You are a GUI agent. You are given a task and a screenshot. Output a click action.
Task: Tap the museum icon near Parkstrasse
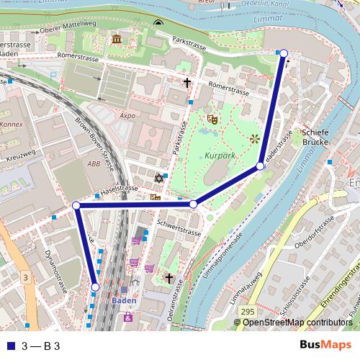(x=117, y=38)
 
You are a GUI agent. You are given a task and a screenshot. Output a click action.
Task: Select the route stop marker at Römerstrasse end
(x=284, y=53)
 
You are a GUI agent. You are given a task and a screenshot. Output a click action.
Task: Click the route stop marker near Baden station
(x=95, y=287)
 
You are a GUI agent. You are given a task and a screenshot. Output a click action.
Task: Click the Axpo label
(x=127, y=114)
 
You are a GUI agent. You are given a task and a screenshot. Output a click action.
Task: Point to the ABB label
(x=94, y=163)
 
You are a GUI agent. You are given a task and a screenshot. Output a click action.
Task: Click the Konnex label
(x=12, y=124)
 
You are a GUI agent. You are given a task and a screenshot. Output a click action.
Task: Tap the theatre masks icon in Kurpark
(x=212, y=117)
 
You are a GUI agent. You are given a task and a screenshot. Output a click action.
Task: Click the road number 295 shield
(x=247, y=310)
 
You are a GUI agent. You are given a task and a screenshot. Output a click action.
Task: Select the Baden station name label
(x=123, y=300)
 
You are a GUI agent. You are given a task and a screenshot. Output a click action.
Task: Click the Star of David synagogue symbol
(x=158, y=178)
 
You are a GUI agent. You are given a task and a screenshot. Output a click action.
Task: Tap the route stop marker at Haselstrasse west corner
(x=76, y=206)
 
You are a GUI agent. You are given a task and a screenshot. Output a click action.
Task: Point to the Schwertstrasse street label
(x=183, y=228)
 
